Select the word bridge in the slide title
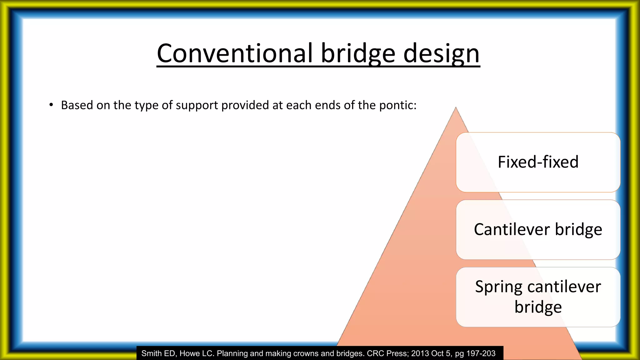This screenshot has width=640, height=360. pyautogui.click(x=358, y=54)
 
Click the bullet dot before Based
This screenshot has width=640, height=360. pyautogui.click(x=51, y=105)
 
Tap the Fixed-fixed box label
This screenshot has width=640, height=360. pyautogui.click(x=538, y=162)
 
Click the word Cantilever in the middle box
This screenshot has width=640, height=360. pyautogui.click(x=512, y=229)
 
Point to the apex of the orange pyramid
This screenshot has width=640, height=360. pyautogui.click(x=456, y=108)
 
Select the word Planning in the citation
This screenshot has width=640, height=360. pyautogui.click(x=232, y=353)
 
